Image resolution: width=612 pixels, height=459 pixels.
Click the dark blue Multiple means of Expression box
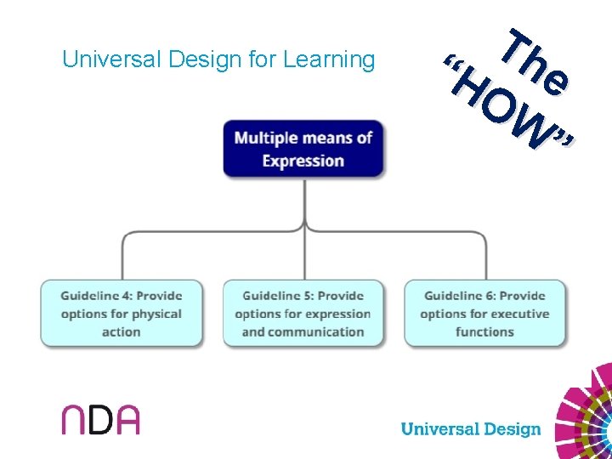303,149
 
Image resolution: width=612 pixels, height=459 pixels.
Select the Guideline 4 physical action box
122,313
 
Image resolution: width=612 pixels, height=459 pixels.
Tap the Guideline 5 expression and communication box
303,313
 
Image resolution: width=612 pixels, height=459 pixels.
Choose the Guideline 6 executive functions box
484,313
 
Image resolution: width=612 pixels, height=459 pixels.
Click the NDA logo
99,418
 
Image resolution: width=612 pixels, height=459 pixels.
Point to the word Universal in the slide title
113,59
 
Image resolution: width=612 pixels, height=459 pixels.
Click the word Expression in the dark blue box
303,161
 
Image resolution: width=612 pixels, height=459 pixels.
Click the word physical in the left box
155,314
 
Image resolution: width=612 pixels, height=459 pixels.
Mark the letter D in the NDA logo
99,419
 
